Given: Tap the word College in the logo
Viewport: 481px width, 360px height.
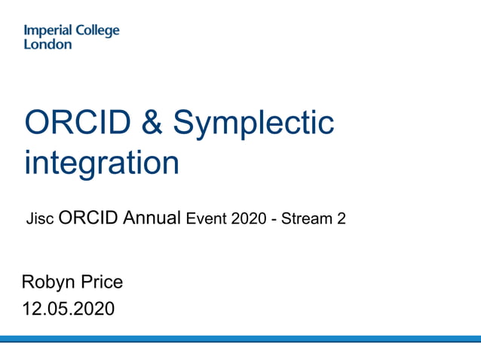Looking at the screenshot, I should pos(99,32).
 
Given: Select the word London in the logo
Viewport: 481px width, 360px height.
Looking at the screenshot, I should pos(47,44).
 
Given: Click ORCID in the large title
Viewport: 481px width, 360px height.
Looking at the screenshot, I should pos(71,123).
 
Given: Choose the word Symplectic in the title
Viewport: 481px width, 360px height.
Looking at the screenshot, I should pos(253,124).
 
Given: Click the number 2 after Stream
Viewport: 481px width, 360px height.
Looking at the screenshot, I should pos(341,219).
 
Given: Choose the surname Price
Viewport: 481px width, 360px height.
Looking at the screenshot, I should pos(102,283).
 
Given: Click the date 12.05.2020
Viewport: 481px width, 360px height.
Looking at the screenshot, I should pos(69,308).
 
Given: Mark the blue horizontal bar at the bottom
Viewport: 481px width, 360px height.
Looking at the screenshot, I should pos(240,339).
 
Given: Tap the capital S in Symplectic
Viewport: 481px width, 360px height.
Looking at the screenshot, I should pos(183,123).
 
